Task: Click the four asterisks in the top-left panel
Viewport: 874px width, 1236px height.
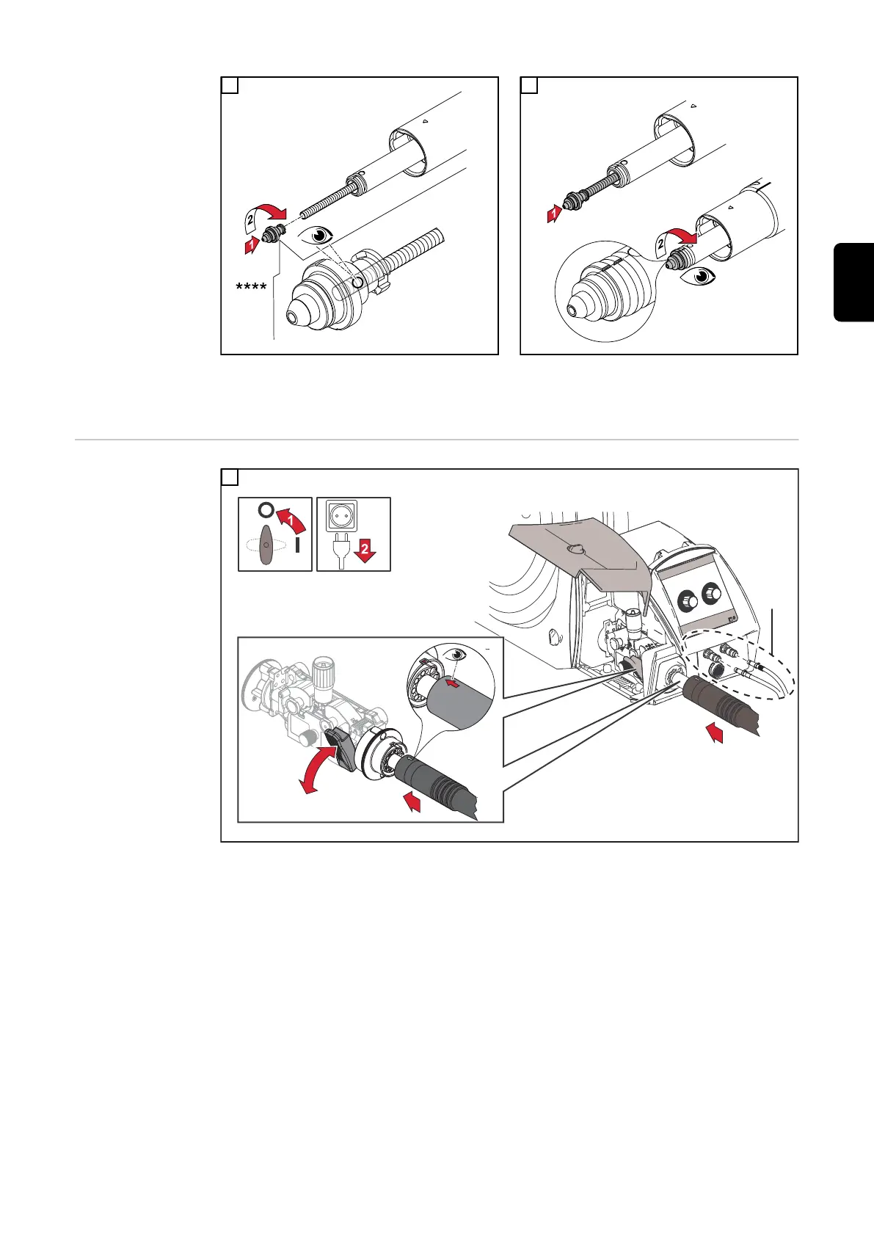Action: coord(251,287)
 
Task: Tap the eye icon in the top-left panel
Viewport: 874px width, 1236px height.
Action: coord(319,236)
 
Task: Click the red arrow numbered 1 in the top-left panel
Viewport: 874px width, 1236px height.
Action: coord(252,244)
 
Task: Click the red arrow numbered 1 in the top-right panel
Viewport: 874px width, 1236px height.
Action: coord(553,213)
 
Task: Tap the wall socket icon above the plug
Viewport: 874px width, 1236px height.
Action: coord(341,515)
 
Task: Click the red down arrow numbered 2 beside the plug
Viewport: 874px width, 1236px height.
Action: coord(365,550)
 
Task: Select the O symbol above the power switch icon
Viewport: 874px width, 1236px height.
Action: coord(266,510)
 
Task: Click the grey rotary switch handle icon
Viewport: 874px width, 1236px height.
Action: coord(266,545)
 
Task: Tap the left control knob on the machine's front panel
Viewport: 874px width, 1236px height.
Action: coord(687,600)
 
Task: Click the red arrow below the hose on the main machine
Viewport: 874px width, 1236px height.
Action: coord(715,733)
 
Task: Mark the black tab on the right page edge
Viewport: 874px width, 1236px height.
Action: coord(853,281)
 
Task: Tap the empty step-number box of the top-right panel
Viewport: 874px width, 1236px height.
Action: coord(528,85)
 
